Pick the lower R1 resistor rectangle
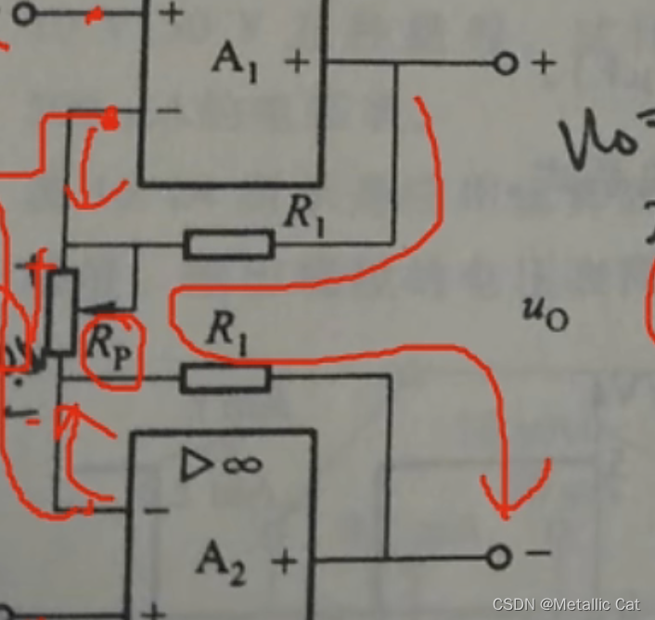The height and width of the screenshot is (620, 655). coord(225,377)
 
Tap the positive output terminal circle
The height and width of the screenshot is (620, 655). coord(504,64)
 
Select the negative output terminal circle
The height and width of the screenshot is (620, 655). coord(499,556)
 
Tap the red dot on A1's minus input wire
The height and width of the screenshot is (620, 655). coord(110,119)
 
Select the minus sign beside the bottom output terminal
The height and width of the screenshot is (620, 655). coord(537,554)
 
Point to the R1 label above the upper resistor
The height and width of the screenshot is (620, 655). coord(303,214)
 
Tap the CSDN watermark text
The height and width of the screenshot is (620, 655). coord(565,604)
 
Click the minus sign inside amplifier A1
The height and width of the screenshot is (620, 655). coord(170,110)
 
